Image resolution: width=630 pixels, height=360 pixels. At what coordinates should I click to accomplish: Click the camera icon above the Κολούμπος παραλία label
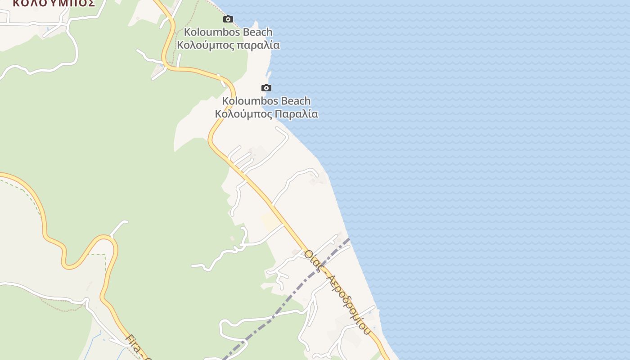click(228, 19)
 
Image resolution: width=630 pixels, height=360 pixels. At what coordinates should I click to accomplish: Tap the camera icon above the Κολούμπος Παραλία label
click(266, 88)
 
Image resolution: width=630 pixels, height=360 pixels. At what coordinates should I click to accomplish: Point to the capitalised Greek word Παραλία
click(297, 113)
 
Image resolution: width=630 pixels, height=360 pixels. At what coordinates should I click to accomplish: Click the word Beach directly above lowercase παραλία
click(257, 32)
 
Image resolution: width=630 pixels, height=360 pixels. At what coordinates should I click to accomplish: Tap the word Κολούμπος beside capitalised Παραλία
click(243, 113)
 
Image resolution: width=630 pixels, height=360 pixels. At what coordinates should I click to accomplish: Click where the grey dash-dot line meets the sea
click(349, 239)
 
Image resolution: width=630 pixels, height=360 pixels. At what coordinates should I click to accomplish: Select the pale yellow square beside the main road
click(270, 221)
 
